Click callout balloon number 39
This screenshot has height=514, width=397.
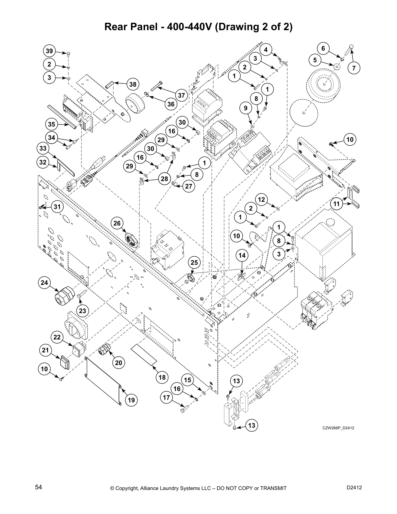point(49,51)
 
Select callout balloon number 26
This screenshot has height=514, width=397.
point(117,223)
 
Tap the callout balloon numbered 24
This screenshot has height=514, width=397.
point(44,283)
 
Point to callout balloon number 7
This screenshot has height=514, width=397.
point(354,68)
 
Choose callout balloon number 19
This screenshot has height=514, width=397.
point(131,400)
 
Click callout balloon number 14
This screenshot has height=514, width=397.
point(242,256)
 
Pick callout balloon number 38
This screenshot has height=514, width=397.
point(133,85)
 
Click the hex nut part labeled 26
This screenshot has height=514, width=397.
point(132,240)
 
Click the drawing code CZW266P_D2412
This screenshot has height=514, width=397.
point(338,428)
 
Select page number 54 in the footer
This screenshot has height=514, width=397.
point(39,487)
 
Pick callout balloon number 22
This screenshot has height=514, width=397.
point(57,337)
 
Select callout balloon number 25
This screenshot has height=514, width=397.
point(194,262)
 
